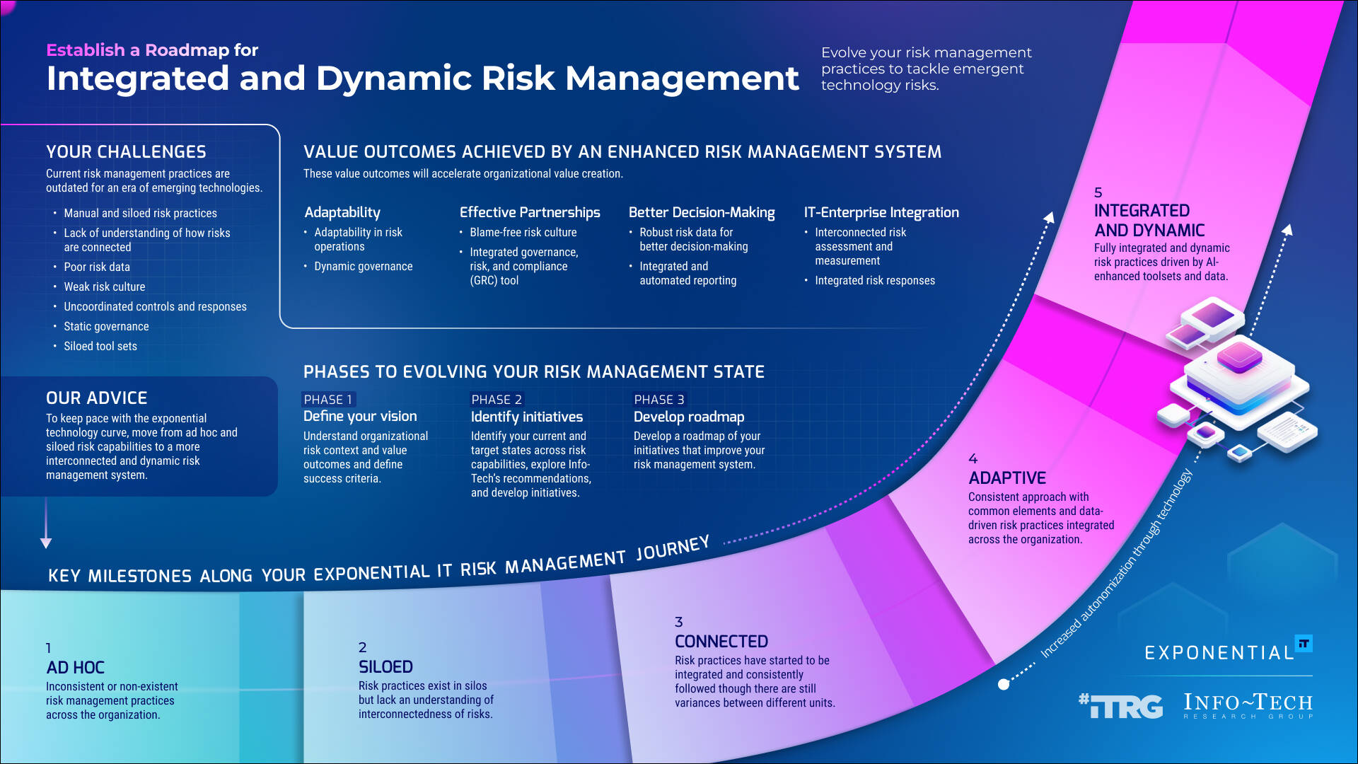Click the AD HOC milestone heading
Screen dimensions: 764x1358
(x=75, y=667)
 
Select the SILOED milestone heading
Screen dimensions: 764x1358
(x=385, y=666)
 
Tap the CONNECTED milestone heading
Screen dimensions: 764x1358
(x=721, y=641)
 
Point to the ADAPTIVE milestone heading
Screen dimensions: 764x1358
(x=1006, y=477)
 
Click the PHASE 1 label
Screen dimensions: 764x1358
(x=327, y=399)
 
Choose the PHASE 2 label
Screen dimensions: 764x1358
(x=497, y=399)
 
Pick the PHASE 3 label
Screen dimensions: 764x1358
(x=658, y=399)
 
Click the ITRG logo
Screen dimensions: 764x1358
(x=1120, y=705)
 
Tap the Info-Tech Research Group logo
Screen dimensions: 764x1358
(x=1248, y=705)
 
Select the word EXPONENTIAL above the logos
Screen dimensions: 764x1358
(x=1219, y=652)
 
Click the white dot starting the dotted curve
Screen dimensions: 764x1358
(x=1003, y=684)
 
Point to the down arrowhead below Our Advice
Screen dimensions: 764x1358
(x=46, y=543)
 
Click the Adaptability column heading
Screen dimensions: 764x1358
(x=342, y=212)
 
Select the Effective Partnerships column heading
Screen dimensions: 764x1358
(x=529, y=212)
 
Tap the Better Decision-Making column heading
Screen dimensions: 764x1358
(x=701, y=212)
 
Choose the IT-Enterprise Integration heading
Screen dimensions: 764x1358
(x=881, y=212)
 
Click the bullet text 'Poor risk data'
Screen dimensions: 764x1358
(x=97, y=267)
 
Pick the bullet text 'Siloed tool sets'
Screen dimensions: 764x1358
(x=100, y=346)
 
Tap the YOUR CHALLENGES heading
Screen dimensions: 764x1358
(x=126, y=151)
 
